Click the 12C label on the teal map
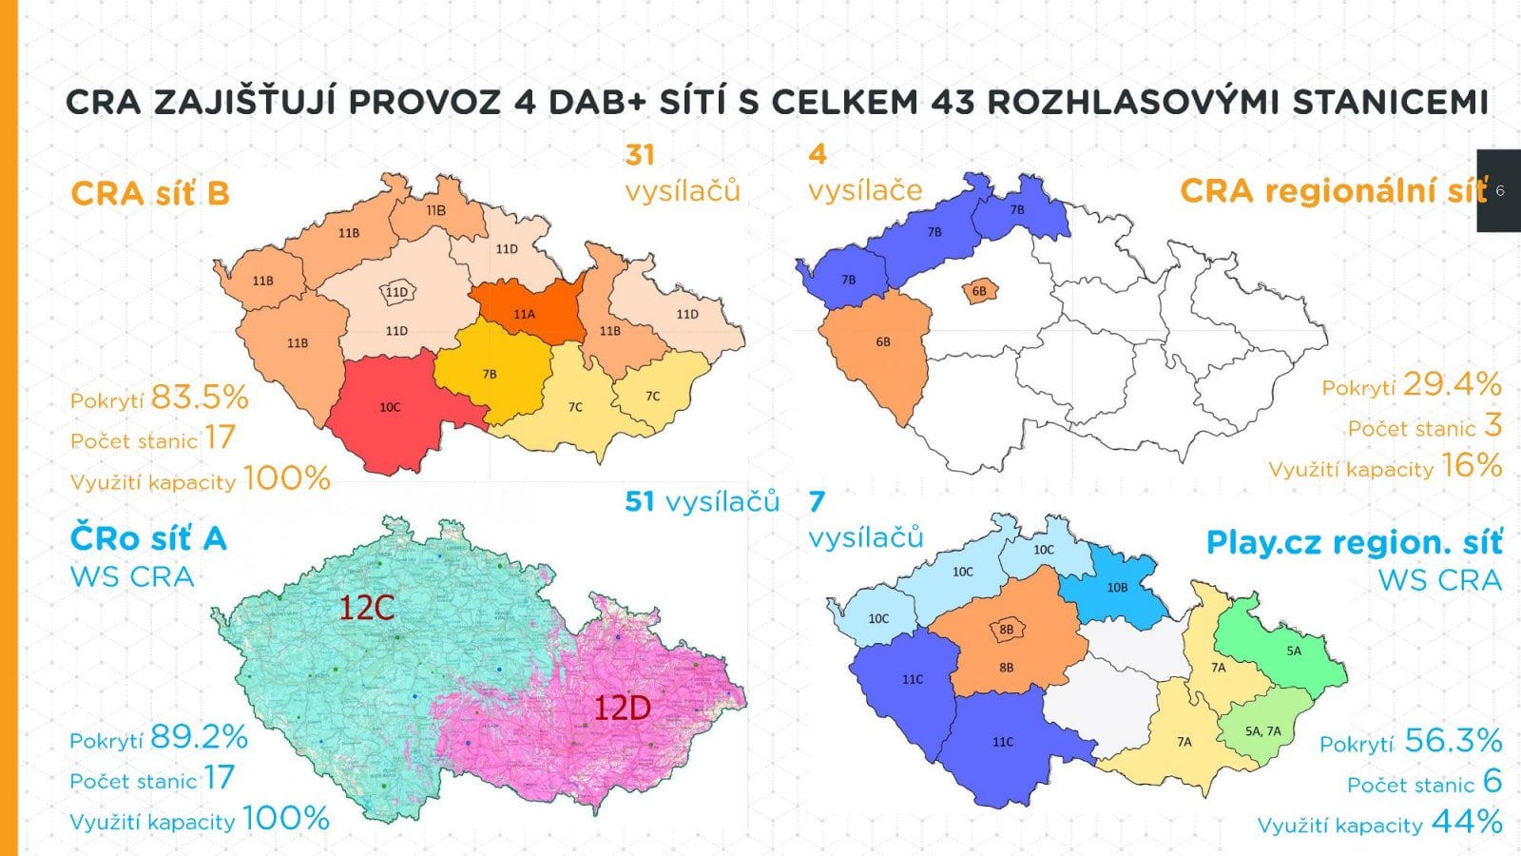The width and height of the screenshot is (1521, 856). tap(367, 608)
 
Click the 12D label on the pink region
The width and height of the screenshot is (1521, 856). tap(622, 708)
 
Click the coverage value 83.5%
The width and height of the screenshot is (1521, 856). tap(200, 397)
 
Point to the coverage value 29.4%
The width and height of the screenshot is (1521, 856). tap(1452, 384)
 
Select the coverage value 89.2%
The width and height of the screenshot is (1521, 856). tap(199, 737)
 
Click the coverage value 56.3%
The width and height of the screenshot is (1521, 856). tap(1453, 740)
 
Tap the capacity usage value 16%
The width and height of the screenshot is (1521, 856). tap(1471, 466)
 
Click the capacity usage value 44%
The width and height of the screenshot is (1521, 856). tap(1466, 822)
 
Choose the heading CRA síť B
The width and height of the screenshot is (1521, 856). tap(150, 194)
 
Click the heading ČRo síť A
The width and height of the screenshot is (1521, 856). tap(148, 539)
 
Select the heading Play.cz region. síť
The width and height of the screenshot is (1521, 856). tap(1354, 543)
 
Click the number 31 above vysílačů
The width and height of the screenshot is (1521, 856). tap(640, 155)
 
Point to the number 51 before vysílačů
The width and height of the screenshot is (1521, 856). tap(640, 501)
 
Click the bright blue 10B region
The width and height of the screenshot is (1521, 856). tap(1117, 588)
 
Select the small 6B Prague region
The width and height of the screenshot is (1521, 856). tap(978, 291)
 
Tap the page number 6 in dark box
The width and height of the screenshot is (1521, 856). tap(1500, 190)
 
